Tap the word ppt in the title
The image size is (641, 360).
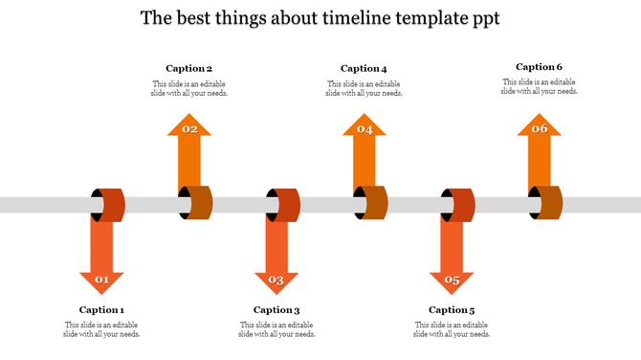click(481, 19)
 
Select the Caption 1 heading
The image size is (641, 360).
click(101, 309)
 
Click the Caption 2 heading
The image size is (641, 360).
click(188, 68)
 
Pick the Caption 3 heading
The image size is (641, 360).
click(276, 309)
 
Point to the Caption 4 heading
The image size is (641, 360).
click(364, 68)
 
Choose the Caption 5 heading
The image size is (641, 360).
click(452, 309)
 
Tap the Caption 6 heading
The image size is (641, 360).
click(539, 67)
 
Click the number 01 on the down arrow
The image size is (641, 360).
click(101, 281)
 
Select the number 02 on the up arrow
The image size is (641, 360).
click(189, 128)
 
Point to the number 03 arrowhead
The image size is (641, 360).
click(276, 281)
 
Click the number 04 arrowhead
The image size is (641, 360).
click(365, 128)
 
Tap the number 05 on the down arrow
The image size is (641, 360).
click(452, 281)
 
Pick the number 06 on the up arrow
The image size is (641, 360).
click(540, 128)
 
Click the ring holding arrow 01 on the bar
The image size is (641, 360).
click(109, 204)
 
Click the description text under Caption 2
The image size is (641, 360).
click(188, 88)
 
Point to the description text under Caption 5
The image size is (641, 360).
click(452, 329)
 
